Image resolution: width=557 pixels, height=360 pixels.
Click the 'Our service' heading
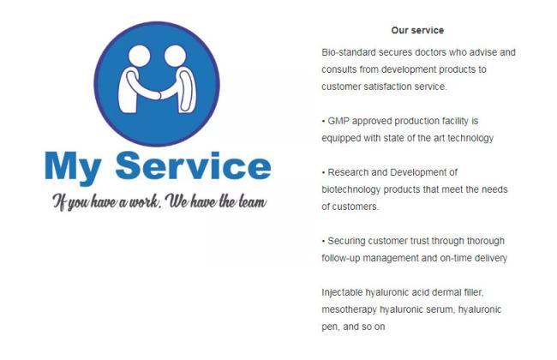417,30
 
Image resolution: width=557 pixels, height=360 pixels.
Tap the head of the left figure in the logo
139,57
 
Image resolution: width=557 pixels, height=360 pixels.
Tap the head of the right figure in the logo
175,57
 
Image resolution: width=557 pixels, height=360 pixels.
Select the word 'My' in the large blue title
73,168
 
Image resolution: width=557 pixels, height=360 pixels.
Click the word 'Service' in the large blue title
194,165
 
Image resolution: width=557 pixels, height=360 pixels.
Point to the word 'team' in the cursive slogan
253,201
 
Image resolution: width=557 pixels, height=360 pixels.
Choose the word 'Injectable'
342,292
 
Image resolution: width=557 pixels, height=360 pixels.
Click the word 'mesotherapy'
349,309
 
